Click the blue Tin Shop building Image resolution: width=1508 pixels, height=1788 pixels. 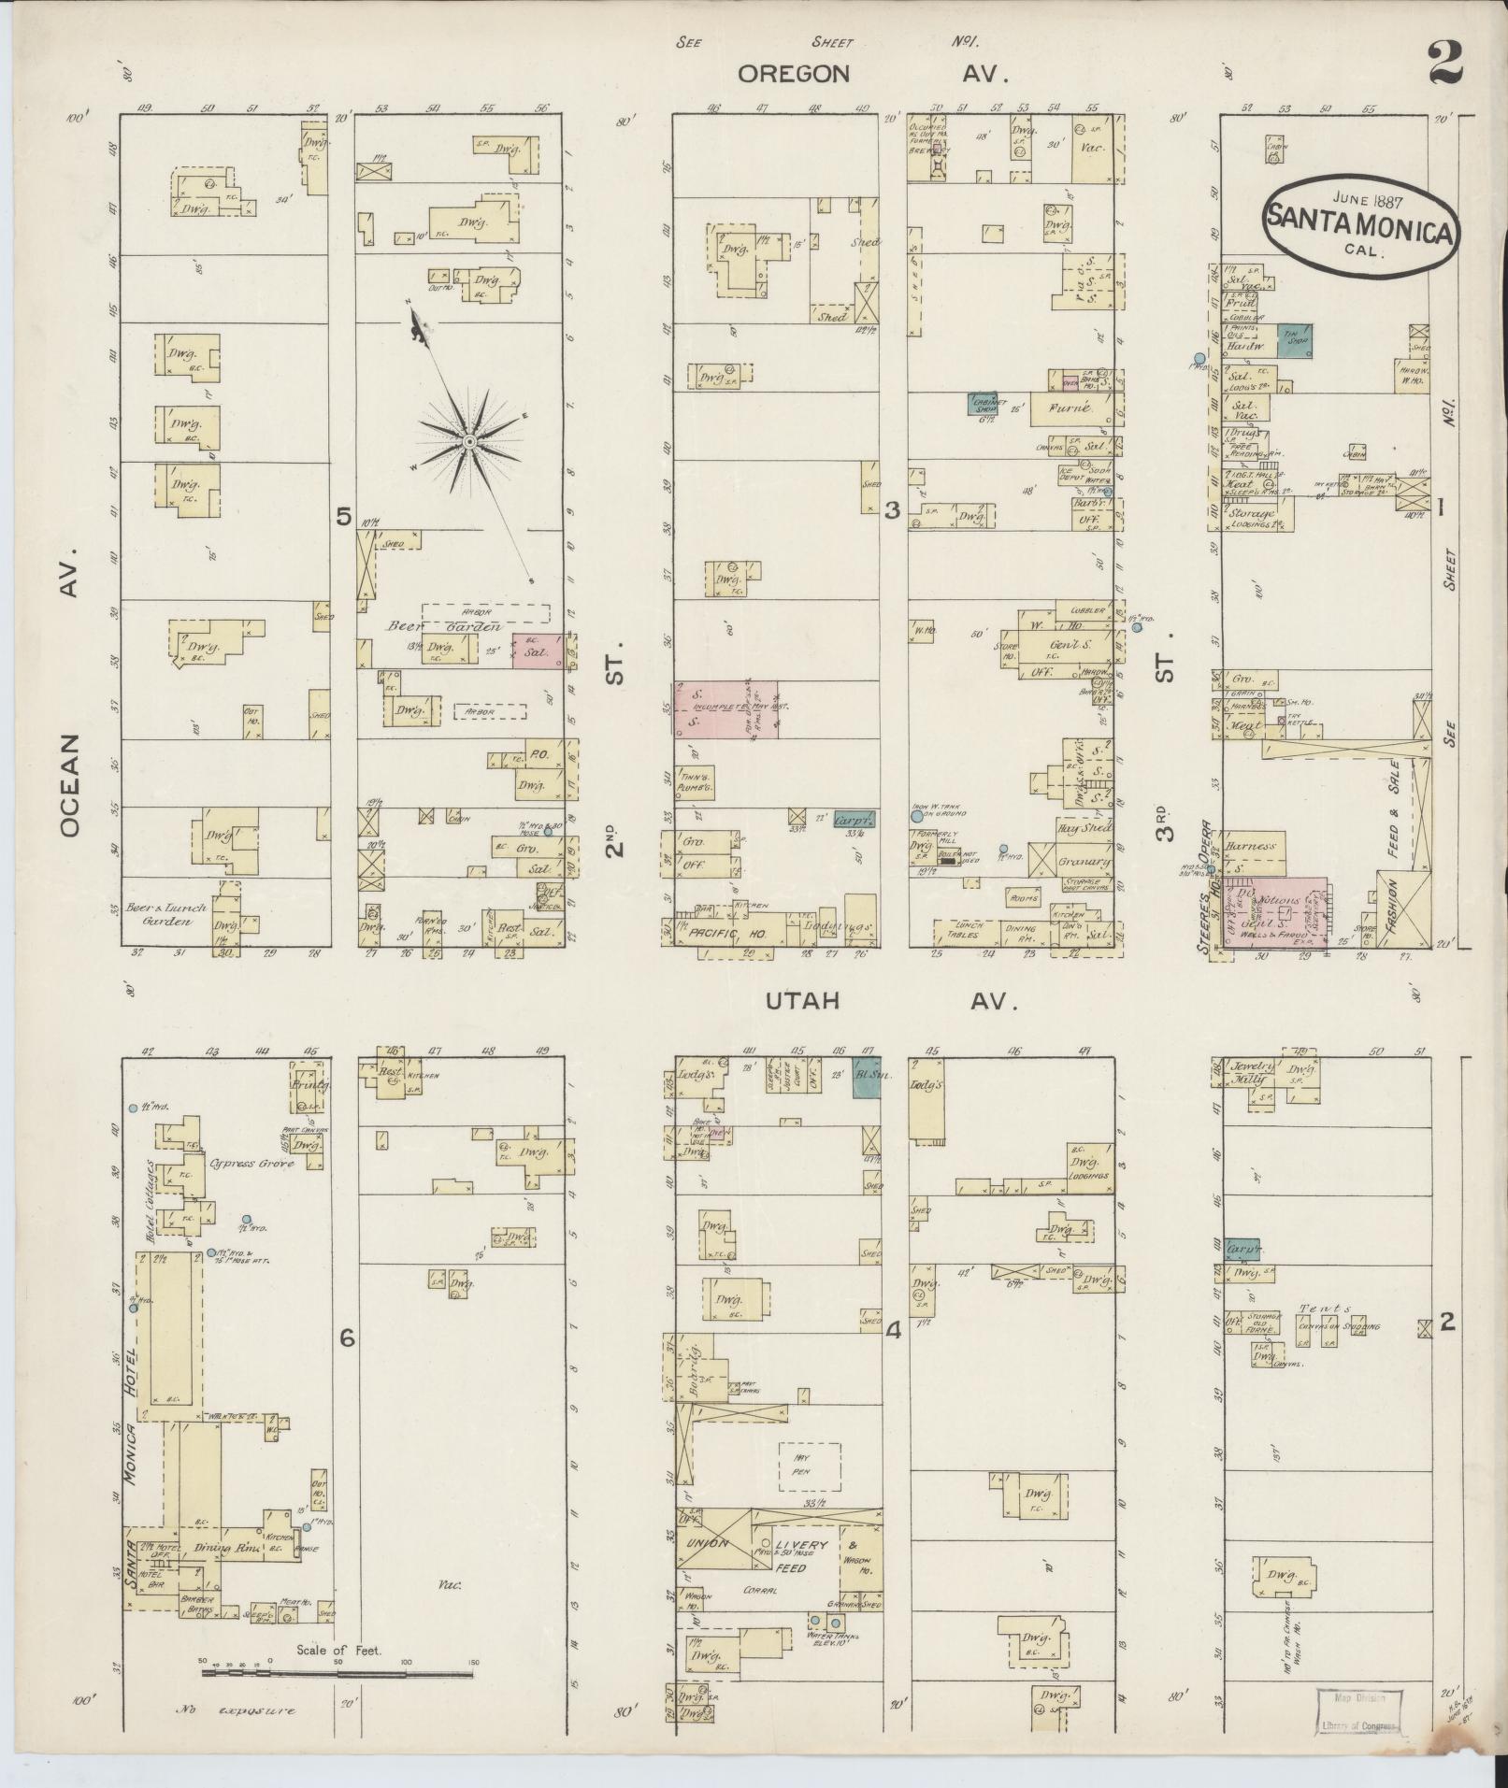click(x=1295, y=340)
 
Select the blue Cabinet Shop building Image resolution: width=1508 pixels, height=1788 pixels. click(x=982, y=403)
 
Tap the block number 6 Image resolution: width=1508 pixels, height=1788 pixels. click(x=347, y=1338)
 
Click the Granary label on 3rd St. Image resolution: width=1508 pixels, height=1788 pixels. click(x=1084, y=862)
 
